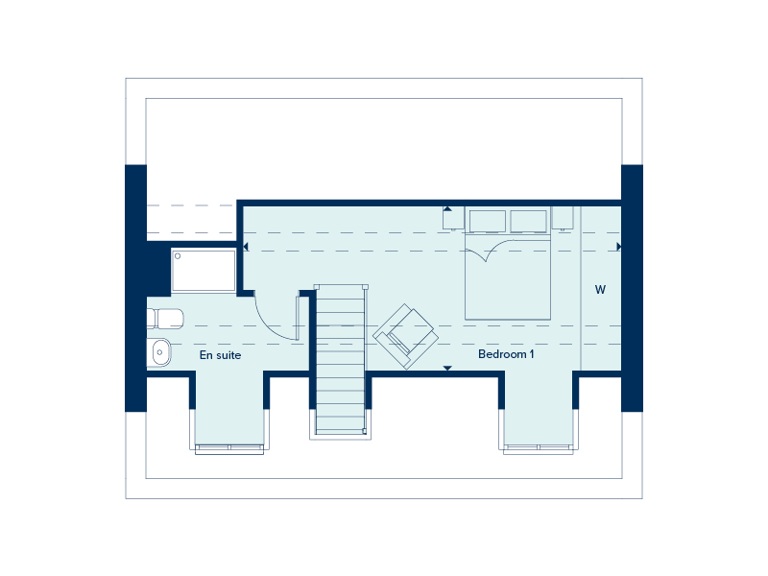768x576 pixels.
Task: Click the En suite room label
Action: coord(220,355)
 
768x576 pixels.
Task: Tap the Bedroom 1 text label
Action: coord(506,354)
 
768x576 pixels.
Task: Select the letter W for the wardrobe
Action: coord(600,290)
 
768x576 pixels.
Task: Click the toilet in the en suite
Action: coord(165,319)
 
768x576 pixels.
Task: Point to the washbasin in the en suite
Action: coord(159,352)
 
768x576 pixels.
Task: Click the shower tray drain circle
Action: coord(178,256)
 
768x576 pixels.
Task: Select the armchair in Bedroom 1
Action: coord(405,336)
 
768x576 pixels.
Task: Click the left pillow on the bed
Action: coord(488,222)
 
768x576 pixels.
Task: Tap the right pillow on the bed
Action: coord(529,222)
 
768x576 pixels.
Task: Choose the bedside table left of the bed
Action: coord(453,218)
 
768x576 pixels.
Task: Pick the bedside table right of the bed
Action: coord(563,218)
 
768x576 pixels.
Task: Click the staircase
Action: coord(341,360)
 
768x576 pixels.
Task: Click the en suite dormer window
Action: coord(229,449)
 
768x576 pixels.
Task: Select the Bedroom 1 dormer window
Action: coord(539,449)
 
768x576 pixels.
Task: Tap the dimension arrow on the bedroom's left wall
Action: coord(246,247)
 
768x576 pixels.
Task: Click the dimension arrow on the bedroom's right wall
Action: coord(618,247)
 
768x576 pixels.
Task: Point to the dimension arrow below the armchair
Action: coord(447,368)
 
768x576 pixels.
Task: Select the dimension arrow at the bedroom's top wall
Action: coord(447,209)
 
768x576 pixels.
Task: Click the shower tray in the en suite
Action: coord(204,271)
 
